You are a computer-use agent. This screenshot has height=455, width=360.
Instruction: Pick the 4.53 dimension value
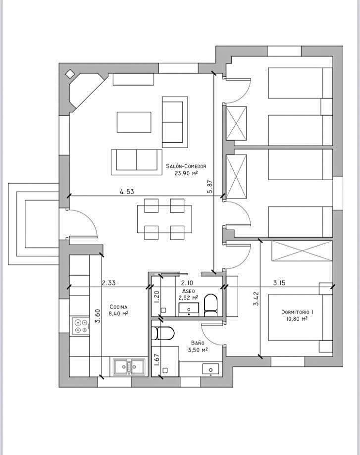pos(127,192)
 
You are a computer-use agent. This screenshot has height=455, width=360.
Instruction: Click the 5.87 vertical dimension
pos(210,187)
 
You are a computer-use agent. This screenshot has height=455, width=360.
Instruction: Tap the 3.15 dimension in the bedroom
pos(279,283)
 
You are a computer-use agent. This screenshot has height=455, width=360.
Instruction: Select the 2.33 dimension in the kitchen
pos(108,283)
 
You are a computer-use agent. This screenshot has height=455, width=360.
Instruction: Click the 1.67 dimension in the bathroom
pos(156,359)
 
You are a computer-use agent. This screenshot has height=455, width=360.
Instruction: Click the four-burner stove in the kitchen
pos(81,326)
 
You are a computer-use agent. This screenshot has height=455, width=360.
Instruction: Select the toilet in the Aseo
pos(210,305)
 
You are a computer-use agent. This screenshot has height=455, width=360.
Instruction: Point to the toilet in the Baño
pos(163,333)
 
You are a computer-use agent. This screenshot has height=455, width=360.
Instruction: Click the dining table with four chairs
pos(164,219)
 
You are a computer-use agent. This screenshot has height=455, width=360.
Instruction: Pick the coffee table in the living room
pos(134,122)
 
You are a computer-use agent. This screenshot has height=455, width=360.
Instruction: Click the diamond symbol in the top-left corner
pos(70,74)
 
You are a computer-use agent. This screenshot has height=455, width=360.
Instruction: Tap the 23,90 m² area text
pos(186,173)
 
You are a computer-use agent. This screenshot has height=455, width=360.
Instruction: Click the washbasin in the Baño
pos(210,369)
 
